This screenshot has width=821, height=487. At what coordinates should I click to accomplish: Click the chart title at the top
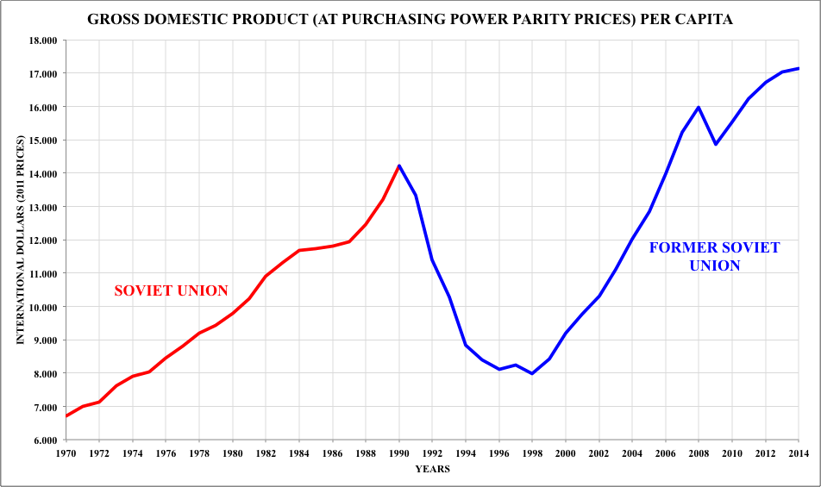(410, 19)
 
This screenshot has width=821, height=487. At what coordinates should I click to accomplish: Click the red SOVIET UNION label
(172, 290)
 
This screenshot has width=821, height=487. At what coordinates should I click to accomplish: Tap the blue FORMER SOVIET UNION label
(714, 257)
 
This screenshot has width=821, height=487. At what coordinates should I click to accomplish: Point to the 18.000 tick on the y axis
(42, 41)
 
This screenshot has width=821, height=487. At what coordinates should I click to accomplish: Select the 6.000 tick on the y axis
(42, 440)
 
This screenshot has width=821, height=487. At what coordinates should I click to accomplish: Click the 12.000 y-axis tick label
(42, 240)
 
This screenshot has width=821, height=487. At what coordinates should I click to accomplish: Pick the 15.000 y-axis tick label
(42, 140)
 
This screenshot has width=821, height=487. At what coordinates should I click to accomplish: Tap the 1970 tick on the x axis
(66, 453)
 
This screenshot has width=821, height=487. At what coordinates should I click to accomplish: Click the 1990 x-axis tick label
(398, 453)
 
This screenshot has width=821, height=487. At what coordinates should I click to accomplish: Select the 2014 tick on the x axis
(799, 453)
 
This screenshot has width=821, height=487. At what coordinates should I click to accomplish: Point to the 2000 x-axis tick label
(565, 453)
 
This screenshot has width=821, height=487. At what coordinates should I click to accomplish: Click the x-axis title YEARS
(431, 469)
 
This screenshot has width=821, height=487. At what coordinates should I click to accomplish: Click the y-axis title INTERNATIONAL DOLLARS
(21, 240)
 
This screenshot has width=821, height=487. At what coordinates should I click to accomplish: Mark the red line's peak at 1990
(399, 165)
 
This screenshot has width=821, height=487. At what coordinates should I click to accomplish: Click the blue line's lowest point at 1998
(532, 373)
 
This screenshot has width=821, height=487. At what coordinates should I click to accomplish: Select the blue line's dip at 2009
(715, 144)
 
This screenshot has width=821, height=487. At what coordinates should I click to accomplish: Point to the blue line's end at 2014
(799, 68)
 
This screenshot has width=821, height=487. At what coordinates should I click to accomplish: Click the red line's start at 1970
(66, 416)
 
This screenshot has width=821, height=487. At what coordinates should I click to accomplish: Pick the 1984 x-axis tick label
(298, 453)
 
